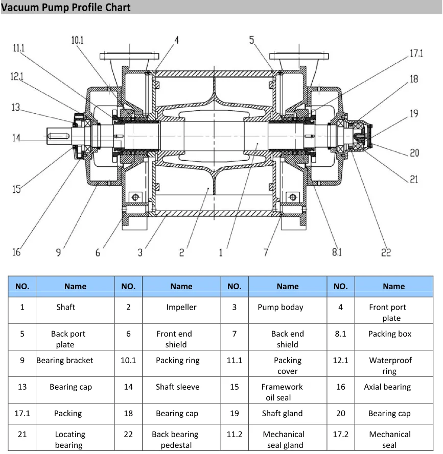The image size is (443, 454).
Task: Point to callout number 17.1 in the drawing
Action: click(416, 54)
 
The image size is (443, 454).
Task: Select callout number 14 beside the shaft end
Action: click(17, 138)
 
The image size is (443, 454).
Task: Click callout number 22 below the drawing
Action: click(386, 251)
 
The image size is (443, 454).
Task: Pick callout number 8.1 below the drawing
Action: click(337, 251)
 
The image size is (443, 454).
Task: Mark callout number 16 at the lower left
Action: click(17, 251)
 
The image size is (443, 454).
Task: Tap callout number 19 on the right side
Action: click(414, 113)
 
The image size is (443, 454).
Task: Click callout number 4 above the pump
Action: click(176, 40)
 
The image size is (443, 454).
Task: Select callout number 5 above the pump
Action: click(252, 40)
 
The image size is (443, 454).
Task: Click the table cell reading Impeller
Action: click(181, 307)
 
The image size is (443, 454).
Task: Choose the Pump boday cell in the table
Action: click(281, 307)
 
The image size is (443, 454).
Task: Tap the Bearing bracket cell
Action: click(65, 360)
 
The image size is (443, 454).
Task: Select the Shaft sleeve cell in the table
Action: click(177, 387)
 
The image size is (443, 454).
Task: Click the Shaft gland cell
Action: click(282, 413)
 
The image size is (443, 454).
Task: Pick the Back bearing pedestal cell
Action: click(175, 440)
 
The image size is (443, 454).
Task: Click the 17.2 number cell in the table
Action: click(340, 434)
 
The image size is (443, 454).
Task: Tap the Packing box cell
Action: click(389, 334)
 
